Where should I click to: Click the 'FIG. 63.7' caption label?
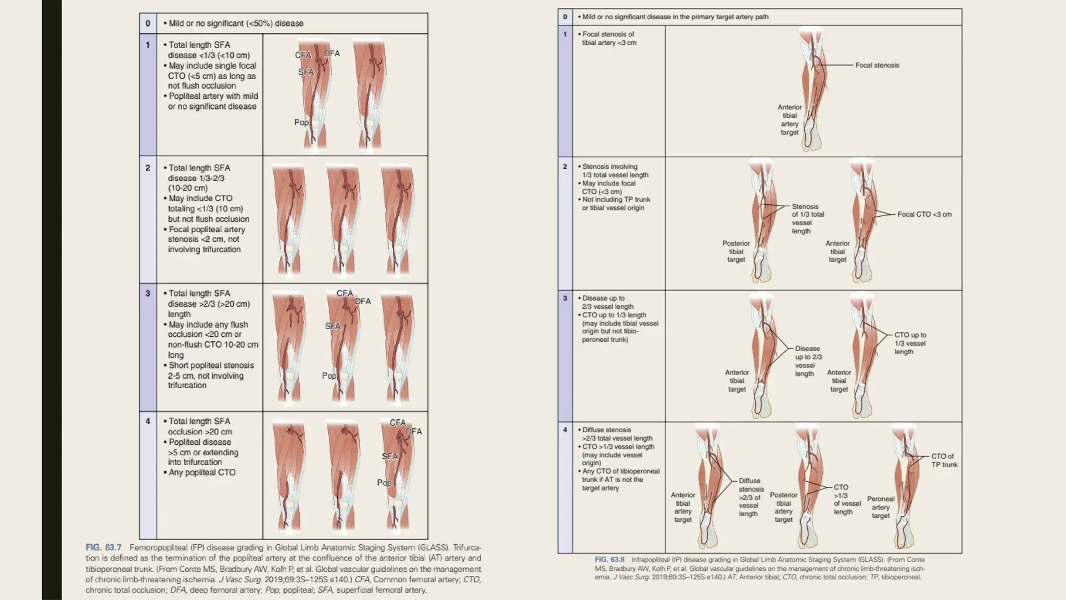tap(103, 547)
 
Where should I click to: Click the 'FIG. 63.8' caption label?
tap(609, 560)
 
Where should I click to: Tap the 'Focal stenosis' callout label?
tap(877, 65)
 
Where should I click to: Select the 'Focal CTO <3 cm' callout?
tap(924, 214)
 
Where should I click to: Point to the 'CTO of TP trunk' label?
tap(944, 460)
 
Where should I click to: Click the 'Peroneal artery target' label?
tap(881, 507)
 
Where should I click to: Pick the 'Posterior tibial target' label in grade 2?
tap(736, 252)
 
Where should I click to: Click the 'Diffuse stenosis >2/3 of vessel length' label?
tap(751, 497)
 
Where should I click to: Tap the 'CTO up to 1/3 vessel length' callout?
tap(910, 343)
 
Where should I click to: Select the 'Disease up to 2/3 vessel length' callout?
tap(808, 361)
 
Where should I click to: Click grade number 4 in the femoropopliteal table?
tap(148, 421)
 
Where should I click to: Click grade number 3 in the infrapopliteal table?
tap(565, 298)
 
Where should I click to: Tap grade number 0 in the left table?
tap(148, 23)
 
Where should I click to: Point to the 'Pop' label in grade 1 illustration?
tap(301, 122)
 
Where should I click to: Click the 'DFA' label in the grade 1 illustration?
tap(332, 54)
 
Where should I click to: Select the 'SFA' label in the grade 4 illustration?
tap(389, 456)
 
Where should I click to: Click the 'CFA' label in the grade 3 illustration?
tap(345, 293)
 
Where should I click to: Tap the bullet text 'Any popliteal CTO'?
tap(201, 472)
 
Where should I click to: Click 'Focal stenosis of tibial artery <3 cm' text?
tap(608, 39)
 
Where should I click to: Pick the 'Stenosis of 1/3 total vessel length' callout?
tap(808, 219)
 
